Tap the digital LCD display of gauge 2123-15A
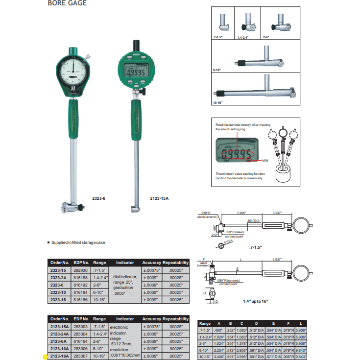point(136,72)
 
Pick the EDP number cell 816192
point(80,284)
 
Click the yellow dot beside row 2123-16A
point(45,357)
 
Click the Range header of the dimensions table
point(205,323)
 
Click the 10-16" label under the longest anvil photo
point(217,103)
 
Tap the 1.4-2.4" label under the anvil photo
point(243,37)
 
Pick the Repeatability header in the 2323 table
point(175,263)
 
